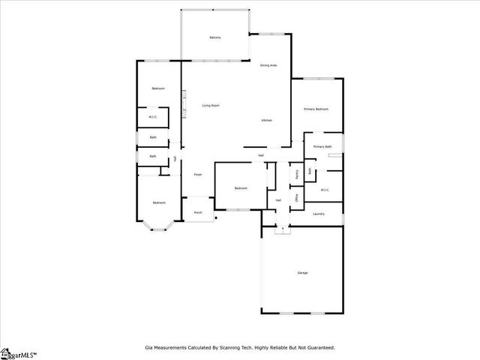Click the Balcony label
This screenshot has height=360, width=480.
coord(214,38)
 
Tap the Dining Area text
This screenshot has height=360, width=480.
coord(268,66)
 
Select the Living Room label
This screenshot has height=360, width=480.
coord(211,106)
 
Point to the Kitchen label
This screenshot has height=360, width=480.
coord(266,121)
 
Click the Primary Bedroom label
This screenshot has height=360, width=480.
coord(316,109)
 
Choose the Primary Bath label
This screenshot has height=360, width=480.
coord(322,147)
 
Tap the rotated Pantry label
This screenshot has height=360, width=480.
coord(297,174)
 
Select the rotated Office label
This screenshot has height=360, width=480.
coord(297,198)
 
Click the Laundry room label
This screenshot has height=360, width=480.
coord(319,214)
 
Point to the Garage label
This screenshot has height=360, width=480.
coord(302,272)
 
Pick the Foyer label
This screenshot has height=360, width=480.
coord(198,175)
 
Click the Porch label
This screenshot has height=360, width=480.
coord(198,213)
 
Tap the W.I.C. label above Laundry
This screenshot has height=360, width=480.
coord(325,190)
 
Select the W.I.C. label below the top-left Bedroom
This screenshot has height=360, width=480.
coord(153,117)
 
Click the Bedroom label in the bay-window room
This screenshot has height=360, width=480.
coord(159,202)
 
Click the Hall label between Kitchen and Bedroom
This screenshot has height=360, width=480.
coord(261,155)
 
